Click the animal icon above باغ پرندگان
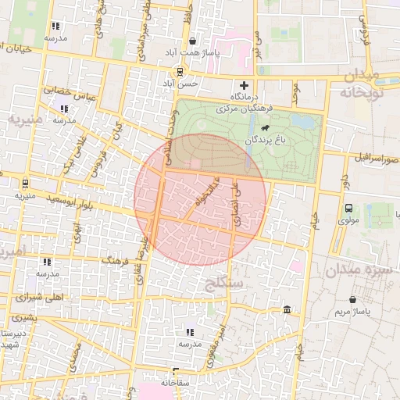coord(266,127)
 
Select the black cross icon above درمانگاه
coord(245,85)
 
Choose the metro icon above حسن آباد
coord(180,70)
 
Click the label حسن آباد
coord(180,82)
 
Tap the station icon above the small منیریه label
coord(26,184)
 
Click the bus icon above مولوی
coord(348,208)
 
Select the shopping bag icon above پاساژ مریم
coord(352,299)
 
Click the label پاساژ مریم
coord(352,312)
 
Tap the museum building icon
coord(288,311)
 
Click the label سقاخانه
coord(176,383)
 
